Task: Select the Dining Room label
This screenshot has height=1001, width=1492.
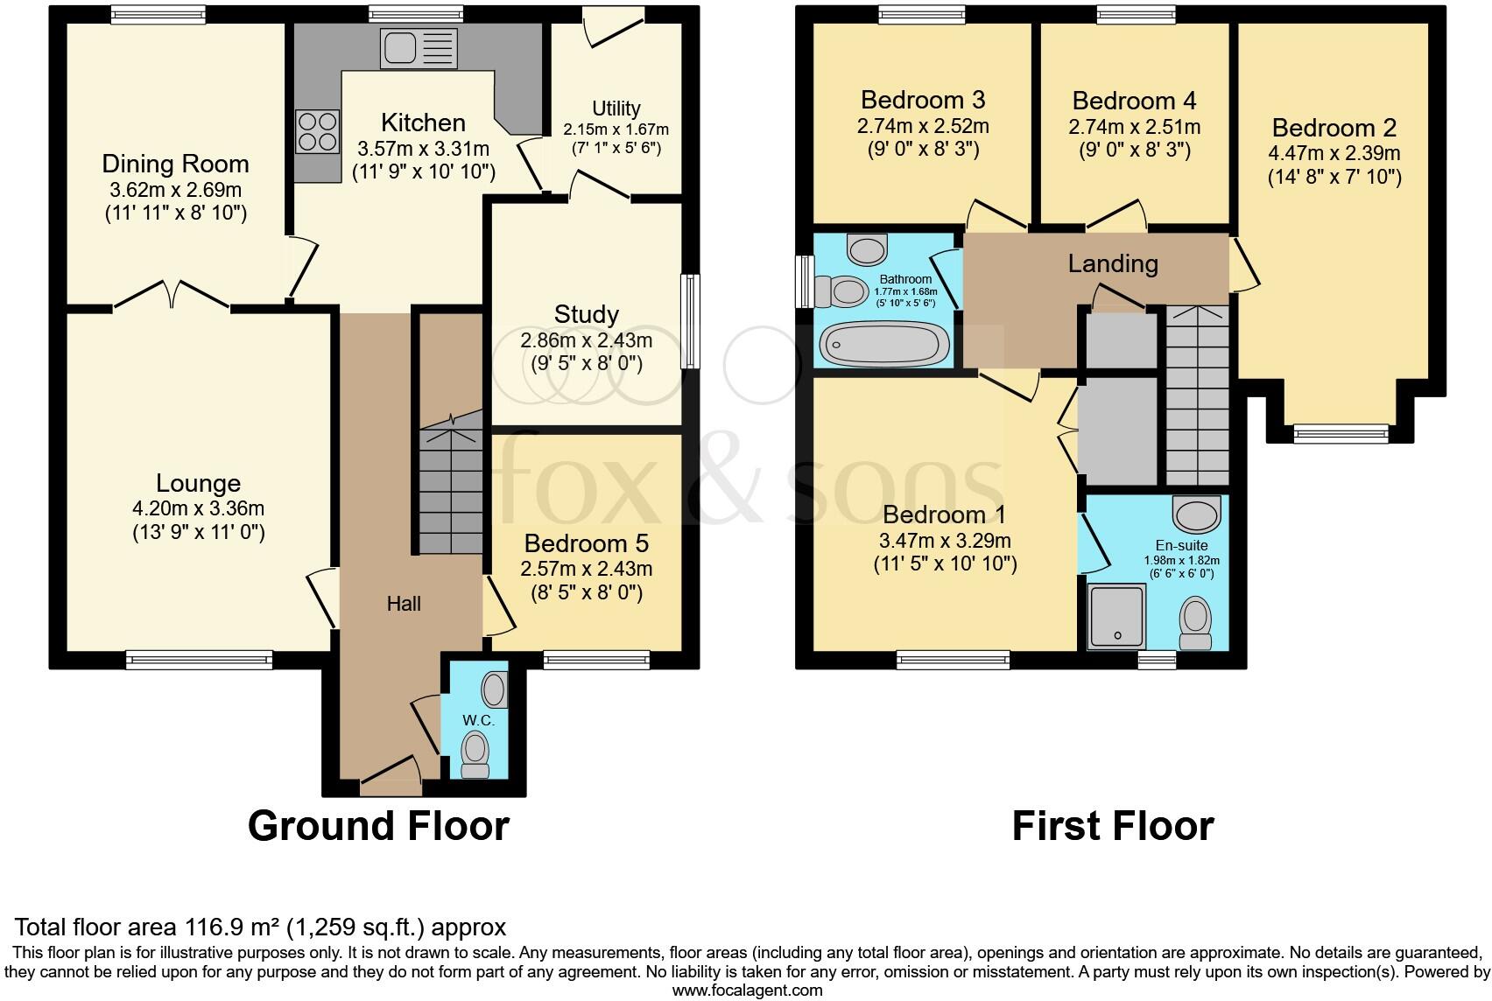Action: click(x=175, y=164)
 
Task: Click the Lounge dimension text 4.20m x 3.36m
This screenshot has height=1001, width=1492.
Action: click(x=198, y=508)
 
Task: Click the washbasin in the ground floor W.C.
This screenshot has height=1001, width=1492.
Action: click(x=495, y=689)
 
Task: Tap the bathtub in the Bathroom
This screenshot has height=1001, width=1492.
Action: click(x=884, y=344)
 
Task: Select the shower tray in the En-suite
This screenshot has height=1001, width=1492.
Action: click(x=1116, y=617)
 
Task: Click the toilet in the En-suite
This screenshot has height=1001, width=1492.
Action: click(x=1195, y=622)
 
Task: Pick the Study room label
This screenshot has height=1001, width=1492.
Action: click(x=586, y=314)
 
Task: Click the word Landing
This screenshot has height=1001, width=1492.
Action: click(x=1112, y=263)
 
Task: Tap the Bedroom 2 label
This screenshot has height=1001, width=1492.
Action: click(x=1334, y=129)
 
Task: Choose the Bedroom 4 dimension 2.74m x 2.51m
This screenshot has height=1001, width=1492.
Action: click(x=1134, y=128)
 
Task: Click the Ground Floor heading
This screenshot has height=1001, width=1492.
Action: click(x=378, y=826)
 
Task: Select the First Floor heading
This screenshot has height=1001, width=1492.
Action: click(x=1112, y=826)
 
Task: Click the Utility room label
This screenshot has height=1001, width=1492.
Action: click(x=616, y=108)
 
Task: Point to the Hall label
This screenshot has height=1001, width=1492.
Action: click(x=404, y=604)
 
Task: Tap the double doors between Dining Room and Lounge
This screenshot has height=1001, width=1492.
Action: click(x=172, y=294)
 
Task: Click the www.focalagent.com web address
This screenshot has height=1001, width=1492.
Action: click(x=747, y=990)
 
